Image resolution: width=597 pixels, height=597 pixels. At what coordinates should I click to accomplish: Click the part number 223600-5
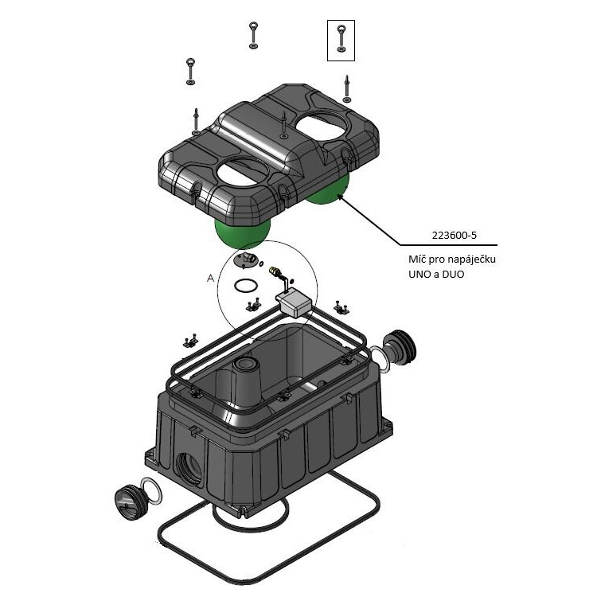coord(453,236)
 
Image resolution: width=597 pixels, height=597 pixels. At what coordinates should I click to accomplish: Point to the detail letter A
coord(210,278)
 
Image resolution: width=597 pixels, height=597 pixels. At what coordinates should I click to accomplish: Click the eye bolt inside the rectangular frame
coord(341,38)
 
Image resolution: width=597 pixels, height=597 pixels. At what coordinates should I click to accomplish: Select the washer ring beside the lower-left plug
coord(151,490)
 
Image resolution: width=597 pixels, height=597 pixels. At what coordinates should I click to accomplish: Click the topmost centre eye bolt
coord(252,34)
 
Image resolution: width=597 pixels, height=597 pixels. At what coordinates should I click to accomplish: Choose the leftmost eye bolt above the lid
coord(191,69)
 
